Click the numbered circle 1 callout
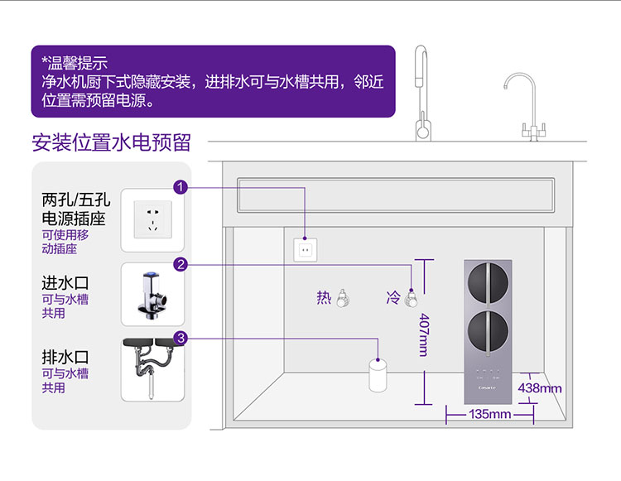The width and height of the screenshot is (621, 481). click(181, 187)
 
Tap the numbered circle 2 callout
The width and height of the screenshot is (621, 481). click(181, 264)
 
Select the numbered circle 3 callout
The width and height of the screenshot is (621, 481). click(181, 338)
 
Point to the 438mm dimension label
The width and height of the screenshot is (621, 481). click(540, 387)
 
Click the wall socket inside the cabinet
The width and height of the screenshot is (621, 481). click(306, 247)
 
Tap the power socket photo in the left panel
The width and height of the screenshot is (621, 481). click(152, 219)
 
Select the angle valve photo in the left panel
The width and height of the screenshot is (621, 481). click(152, 295)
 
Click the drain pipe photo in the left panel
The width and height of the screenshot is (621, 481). click(152, 369)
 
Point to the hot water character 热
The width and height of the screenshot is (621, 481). click(324, 297)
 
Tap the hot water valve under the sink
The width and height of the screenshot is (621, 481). click(342, 297)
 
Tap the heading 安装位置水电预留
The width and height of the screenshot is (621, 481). click(111, 142)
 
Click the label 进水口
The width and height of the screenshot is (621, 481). click(65, 282)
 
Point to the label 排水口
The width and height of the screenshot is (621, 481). click(65, 357)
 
